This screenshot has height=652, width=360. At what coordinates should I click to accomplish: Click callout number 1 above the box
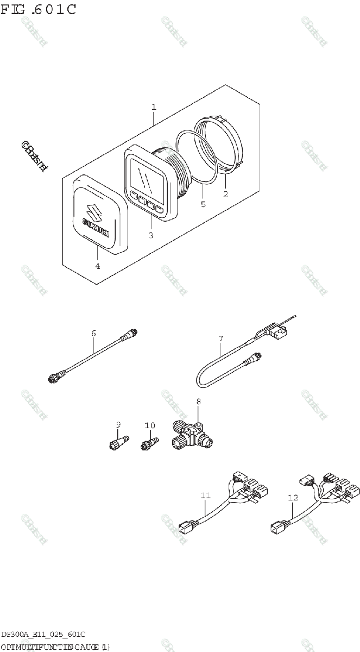[154, 107]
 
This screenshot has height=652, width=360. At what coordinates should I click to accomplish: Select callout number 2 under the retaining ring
[225, 193]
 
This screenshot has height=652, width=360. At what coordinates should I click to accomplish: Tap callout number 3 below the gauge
[151, 235]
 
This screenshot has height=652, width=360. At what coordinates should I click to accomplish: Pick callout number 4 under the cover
[98, 266]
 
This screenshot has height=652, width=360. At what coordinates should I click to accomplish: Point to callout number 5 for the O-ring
[203, 204]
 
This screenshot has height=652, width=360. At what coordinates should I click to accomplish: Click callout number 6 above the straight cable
[93, 333]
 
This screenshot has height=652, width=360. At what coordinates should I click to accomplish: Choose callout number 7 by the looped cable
[220, 339]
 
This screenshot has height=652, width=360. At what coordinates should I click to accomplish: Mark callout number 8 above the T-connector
[198, 402]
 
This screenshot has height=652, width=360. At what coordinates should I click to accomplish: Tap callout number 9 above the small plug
[118, 424]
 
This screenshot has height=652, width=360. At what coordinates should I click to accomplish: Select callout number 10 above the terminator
[149, 425]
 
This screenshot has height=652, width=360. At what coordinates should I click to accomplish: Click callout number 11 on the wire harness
[205, 496]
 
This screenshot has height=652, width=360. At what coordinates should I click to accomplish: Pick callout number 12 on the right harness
[293, 497]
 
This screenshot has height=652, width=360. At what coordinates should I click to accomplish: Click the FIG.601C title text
[38, 9]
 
